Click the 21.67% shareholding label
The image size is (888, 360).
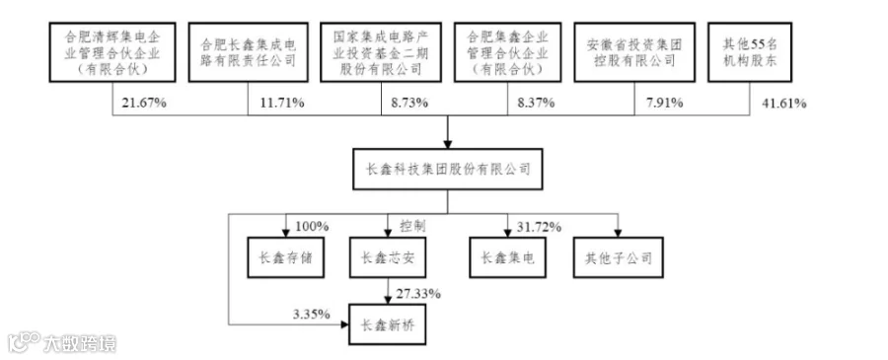point(144,103)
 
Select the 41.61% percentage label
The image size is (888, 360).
point(783,103)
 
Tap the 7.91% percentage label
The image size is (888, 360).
point(664,103)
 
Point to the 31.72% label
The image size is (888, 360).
point(539,227)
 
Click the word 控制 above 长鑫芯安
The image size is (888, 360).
point(412,227)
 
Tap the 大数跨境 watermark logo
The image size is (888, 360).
point(62,342)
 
